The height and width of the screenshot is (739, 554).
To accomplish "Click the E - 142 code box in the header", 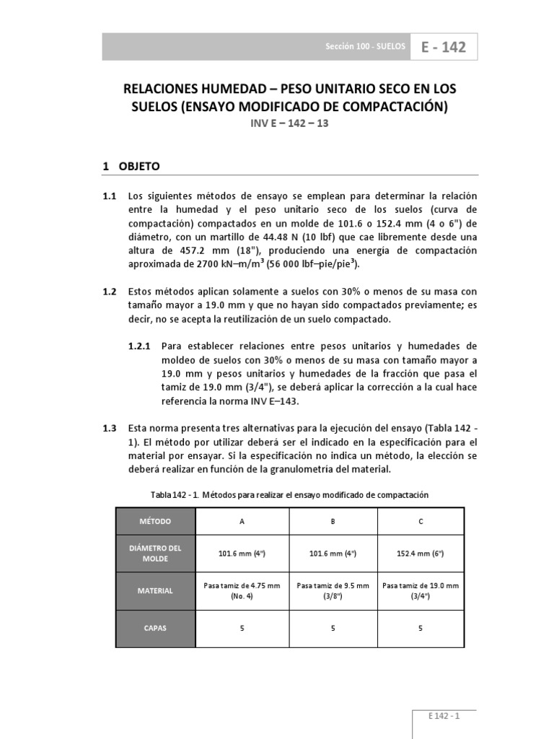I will click(x=444, y=47).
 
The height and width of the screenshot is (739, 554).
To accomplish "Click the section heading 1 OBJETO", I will click(x=131, y=166).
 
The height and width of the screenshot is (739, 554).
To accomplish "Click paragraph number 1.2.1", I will click(x=141, y=346).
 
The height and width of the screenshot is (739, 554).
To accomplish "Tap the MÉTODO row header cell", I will click(x=156, y=521).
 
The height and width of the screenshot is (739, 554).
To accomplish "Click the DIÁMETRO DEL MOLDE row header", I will click(x=156, y=553).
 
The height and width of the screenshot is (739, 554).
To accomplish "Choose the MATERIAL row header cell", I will click(x=156, y=590).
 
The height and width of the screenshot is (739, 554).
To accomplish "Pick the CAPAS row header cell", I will click(x=156, y=628).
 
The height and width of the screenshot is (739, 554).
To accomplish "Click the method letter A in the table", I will click(x=242, y=521).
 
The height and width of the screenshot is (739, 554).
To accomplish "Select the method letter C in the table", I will click(x=420, y=521).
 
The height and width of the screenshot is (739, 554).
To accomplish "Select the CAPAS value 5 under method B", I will click(x=333, y=628).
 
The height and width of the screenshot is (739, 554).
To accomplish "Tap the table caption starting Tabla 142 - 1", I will click(x=289, y=495).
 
